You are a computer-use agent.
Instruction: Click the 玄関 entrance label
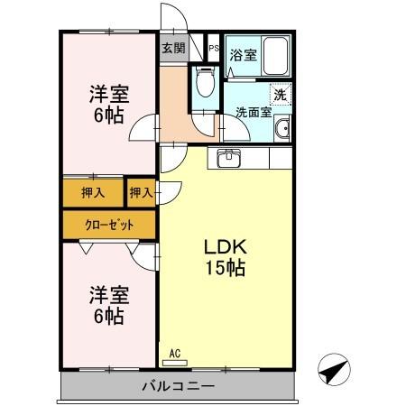click(173, 48)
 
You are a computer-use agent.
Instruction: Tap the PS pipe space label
click(214, 48)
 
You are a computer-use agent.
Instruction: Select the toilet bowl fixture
click(205, 81)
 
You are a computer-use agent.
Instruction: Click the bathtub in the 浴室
click(276, 56)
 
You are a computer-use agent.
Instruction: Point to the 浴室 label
click(244, 55)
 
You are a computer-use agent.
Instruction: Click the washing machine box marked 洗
click(281, 94)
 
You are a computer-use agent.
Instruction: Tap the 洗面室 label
click(254, 112)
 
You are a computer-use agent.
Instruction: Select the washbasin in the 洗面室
click(282, 129)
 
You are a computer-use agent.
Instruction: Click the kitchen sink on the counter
click(229, 158)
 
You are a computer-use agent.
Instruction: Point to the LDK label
click(226, 247)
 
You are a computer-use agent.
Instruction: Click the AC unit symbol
click(175, 363)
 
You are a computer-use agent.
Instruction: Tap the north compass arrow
click(334, 369)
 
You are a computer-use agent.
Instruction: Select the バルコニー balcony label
click(179, 386)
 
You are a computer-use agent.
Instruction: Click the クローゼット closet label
click(109, 225)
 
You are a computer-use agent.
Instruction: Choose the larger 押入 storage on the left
click(93, 192)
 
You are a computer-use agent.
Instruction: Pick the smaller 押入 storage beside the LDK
click(142, 192)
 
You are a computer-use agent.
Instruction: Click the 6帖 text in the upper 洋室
click(108, 115)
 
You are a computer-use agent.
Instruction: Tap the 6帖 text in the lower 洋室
click(108, 317)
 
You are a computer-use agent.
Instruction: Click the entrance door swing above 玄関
click(174, 17)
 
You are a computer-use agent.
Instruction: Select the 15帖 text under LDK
click(226, 268)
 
